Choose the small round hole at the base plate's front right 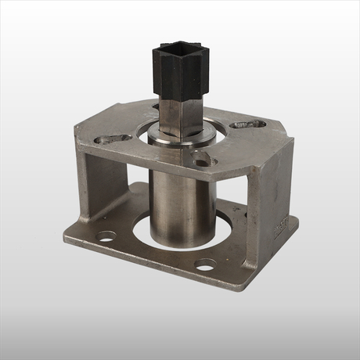click(205, 264)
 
